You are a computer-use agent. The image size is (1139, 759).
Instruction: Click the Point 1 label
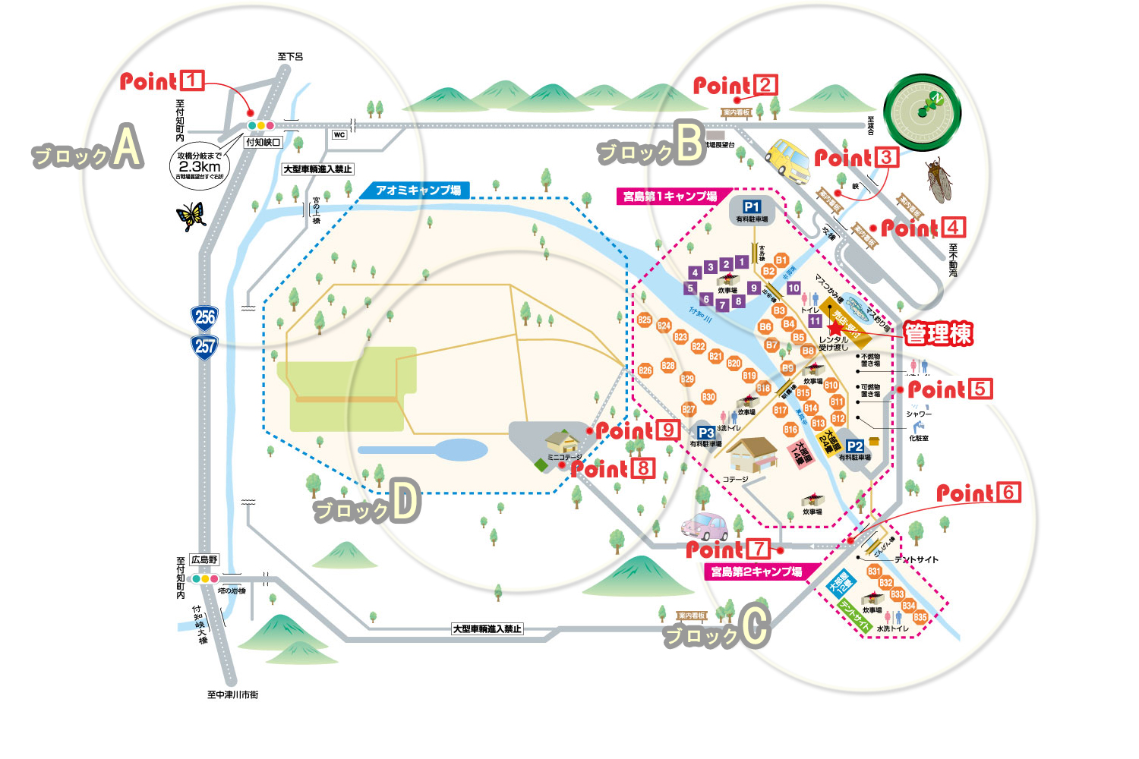pos(162,81)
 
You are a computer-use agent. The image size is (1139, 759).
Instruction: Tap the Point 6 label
pos(978,493)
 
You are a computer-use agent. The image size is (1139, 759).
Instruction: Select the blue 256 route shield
pos(205,317)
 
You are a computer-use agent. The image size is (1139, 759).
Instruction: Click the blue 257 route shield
pos(205,347)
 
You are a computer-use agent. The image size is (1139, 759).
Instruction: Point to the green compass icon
pos(923,112)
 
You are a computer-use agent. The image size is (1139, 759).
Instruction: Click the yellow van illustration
pos(789,160)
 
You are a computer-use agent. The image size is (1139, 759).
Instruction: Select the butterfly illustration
pos(191,216)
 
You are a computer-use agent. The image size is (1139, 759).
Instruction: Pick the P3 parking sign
pos(706,433)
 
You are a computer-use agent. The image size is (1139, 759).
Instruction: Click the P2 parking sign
pos(855,446)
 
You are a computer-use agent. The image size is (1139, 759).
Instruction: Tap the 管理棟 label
pos(939,334)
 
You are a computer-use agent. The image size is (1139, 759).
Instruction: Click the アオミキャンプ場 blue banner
pos(418,191)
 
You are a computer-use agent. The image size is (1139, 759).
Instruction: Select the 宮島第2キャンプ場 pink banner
pos(756,572)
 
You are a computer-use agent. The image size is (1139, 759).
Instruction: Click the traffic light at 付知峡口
pos(260,125)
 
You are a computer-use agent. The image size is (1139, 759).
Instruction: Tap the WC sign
pos(339,135)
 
